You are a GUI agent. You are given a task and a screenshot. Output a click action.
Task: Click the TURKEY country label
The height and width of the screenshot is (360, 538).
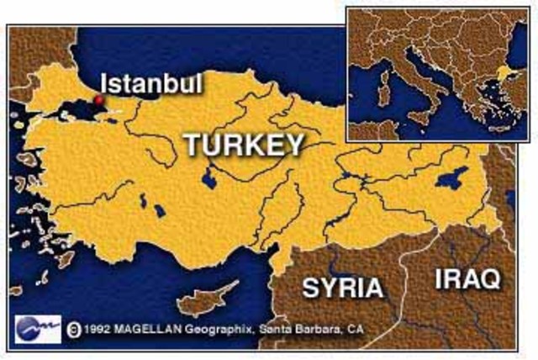pyautogui.click(x=244, y=146)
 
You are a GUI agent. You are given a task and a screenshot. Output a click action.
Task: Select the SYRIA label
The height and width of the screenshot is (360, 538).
pyautogui.click(x=342, y=288)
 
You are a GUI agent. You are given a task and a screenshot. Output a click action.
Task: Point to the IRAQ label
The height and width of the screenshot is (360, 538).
pyautogui.click(x=467, y=278)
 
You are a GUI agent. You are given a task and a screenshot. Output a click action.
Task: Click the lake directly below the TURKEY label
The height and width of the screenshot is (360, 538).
pyautogui.click(x=208, y=177)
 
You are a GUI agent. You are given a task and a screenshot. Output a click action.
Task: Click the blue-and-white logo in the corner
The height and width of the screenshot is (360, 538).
pyautogui.click(x=38, y=326)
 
